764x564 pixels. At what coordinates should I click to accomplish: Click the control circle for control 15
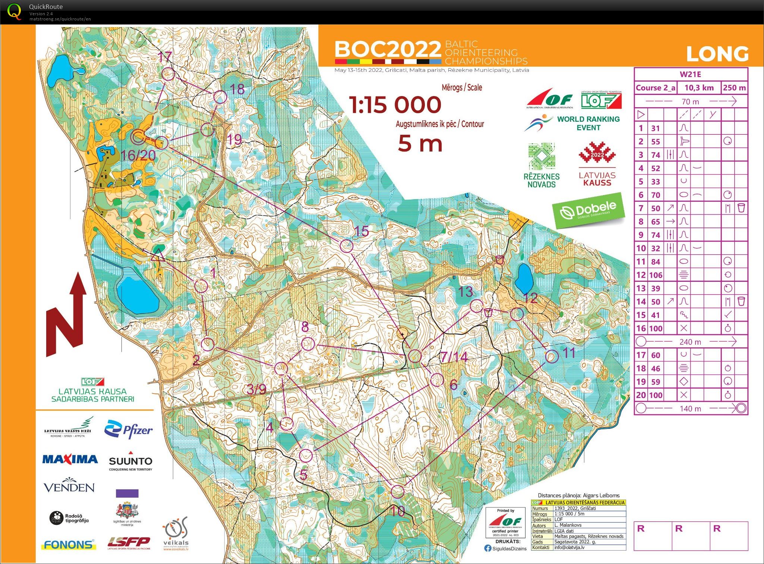click(x=347, y=246)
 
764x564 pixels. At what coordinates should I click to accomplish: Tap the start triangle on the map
click(x=158, y=255)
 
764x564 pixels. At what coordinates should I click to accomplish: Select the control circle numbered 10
click(x=398, y=491)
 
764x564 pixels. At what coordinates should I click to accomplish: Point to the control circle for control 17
click(x=168, y=74)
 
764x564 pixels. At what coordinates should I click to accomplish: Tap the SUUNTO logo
click(x=130, y=462)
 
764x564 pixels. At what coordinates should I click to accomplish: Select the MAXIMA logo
click(x=70, y=459)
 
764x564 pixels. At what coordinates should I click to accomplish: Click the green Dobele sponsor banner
click(x=589, y=210)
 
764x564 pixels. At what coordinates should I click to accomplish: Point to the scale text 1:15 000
click(x=395, y=105)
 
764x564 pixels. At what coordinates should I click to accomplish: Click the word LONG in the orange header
click(x=717, y=54)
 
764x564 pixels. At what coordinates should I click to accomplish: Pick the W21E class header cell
click(x=690, y=74)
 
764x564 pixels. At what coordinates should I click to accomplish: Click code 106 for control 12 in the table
click(x=656, y=275)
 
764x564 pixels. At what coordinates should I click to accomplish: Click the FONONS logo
click(x=69, y=545)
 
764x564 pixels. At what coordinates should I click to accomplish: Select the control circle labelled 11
click(x=552, y=357)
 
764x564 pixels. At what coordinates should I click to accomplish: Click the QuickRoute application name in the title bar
click(x=46, y=6)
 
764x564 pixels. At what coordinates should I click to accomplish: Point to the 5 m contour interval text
click(x=420, y=144)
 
